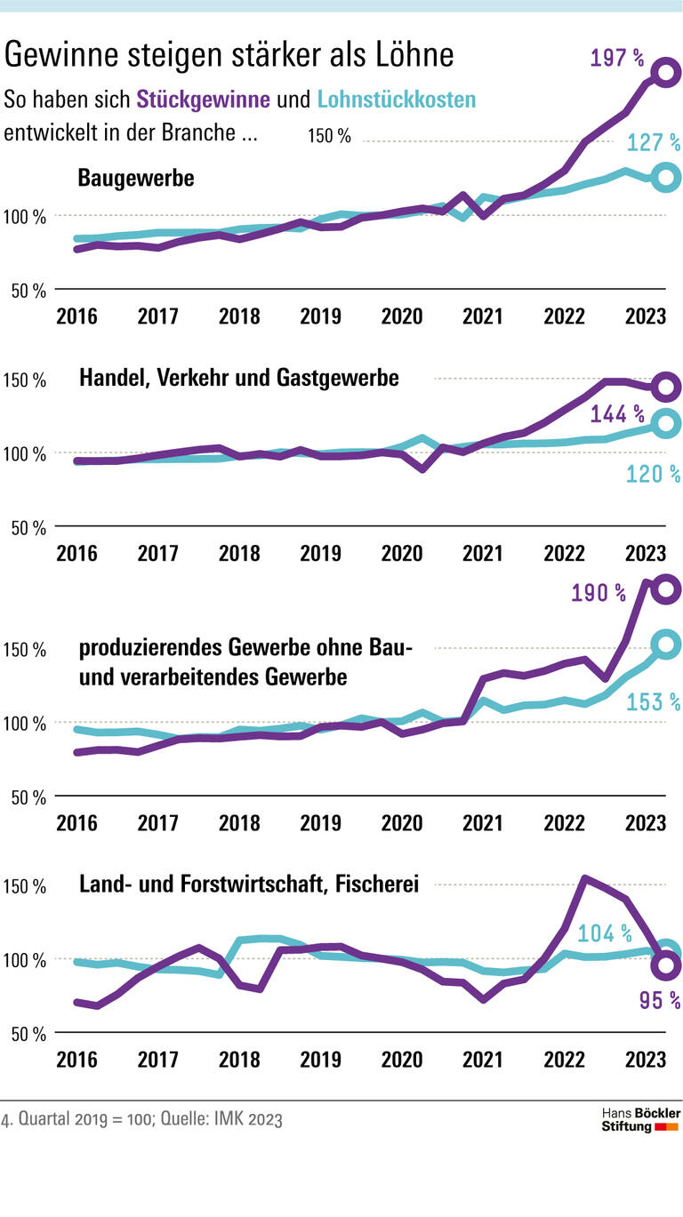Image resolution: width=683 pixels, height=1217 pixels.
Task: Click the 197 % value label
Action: click(x=617, y=60)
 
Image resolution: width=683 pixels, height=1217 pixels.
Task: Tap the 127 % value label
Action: click(x=654, y=142)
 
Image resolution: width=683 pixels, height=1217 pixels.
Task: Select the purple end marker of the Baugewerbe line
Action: click(x=664, y=73)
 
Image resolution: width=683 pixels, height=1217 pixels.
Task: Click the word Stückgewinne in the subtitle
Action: click(x=203, y=100)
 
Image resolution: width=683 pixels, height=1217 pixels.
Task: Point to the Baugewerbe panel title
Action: click(x=136, y=178)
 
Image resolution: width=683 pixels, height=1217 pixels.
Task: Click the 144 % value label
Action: click(x=617, y=414)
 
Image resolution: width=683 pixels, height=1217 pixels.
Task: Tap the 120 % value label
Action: click(x=654, y=475)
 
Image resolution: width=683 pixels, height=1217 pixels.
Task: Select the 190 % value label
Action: click(x=599, y=593)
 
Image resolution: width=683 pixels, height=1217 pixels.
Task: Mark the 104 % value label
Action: click(x=605, y=933)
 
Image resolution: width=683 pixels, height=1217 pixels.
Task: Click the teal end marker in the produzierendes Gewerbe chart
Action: click(x=665, y=644)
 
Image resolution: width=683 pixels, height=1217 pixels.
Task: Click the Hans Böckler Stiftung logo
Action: click(x=640, y=1120)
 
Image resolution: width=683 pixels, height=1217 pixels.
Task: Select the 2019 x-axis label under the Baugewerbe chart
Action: click(x=320, y=316)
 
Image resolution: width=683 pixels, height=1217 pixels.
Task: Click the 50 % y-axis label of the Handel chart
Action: click(x=28, y=528)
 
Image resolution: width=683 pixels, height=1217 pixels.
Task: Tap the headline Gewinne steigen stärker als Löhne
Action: click(x=229, y=55)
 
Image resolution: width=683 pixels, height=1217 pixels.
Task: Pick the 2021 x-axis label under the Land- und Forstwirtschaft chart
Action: click(x=482, y=1060)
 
